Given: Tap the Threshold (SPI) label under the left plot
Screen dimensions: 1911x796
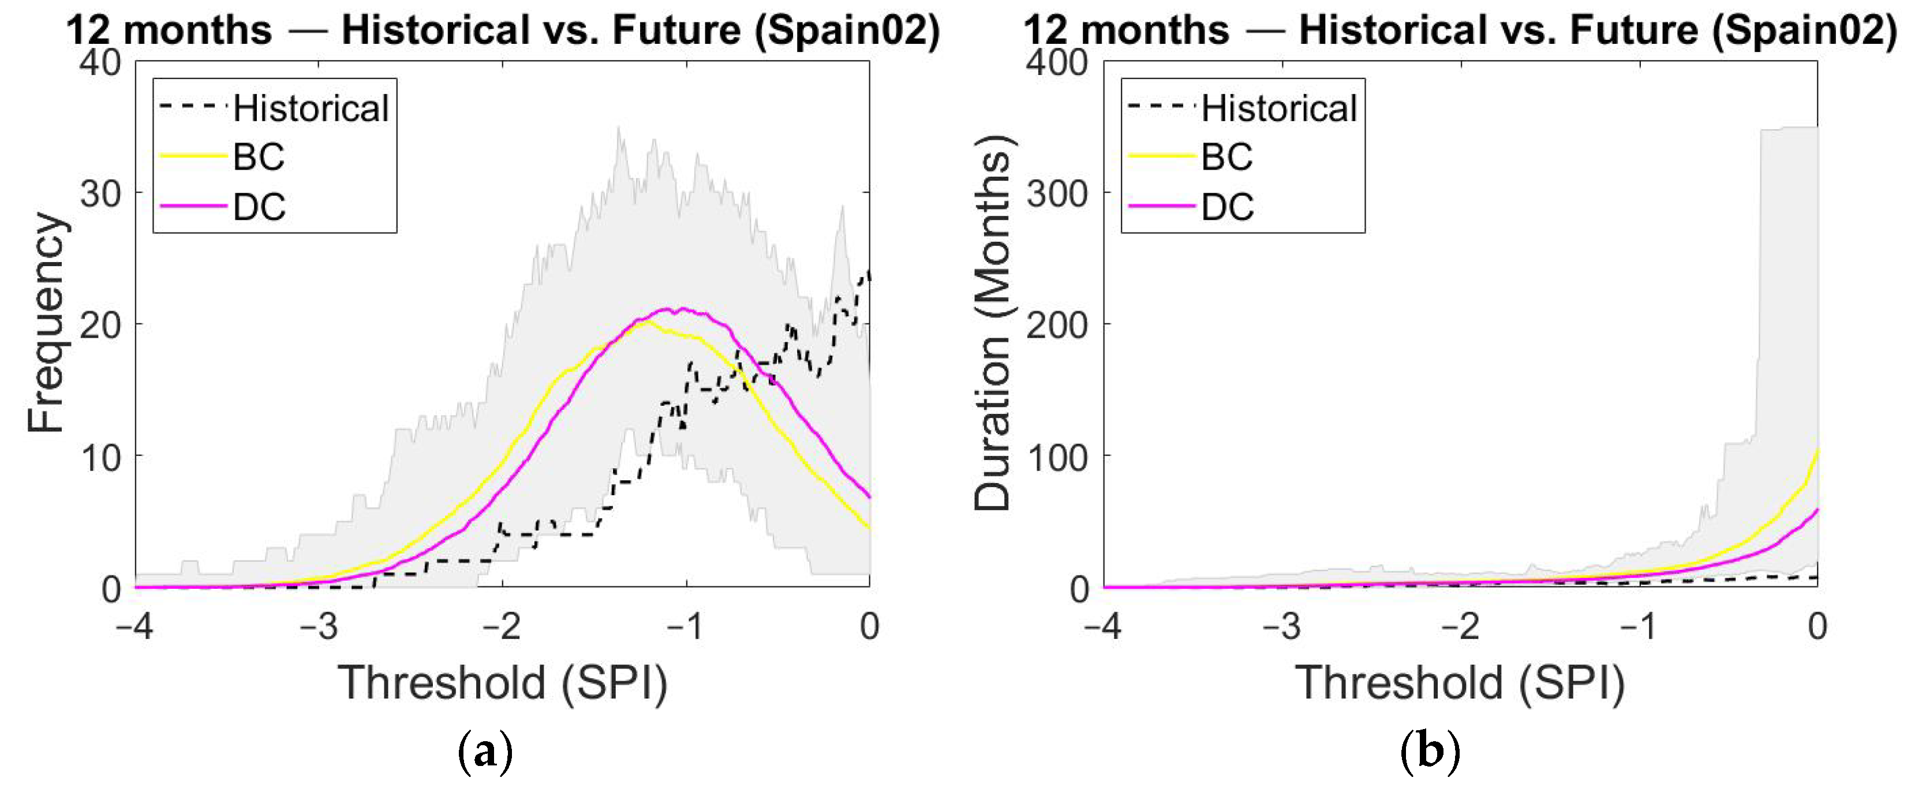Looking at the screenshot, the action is (502, 682).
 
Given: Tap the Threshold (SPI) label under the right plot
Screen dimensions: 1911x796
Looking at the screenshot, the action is (1460, 682).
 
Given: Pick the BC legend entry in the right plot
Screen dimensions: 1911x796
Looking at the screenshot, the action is (1191, 156).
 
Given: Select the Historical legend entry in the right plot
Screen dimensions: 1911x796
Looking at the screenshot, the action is (1242, 109).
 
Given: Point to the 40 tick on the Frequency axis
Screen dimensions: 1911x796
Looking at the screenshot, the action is (102, 62).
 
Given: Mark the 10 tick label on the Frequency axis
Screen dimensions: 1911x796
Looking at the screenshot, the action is (102, 457).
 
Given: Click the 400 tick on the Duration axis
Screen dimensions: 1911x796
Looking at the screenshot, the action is (1058, 62).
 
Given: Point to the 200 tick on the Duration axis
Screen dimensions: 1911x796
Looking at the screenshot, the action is (1058, 325).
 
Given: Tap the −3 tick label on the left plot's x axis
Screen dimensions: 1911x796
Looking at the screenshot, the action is (319, 627).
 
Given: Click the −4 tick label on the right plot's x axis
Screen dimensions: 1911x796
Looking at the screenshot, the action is (1103, 627).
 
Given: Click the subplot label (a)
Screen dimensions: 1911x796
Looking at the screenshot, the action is (486, 752).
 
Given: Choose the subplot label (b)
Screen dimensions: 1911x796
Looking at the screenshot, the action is (1431, 752).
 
